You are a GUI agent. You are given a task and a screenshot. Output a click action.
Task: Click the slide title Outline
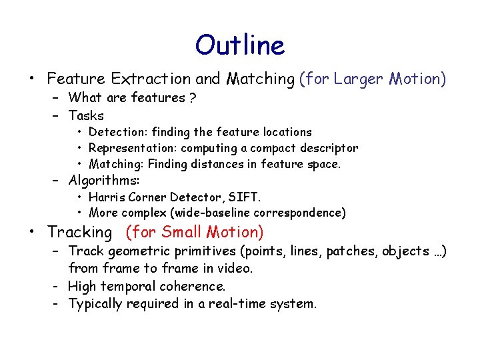[240, 45]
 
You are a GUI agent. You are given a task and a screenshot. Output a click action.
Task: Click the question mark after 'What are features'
[192, 98]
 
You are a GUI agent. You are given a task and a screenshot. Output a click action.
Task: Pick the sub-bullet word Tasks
[86, 115]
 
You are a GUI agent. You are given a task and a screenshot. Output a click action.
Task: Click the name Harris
[105, 197]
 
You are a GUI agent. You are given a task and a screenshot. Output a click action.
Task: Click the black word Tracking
[80, 232]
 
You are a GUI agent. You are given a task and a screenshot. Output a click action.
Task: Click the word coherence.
[197, 286]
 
